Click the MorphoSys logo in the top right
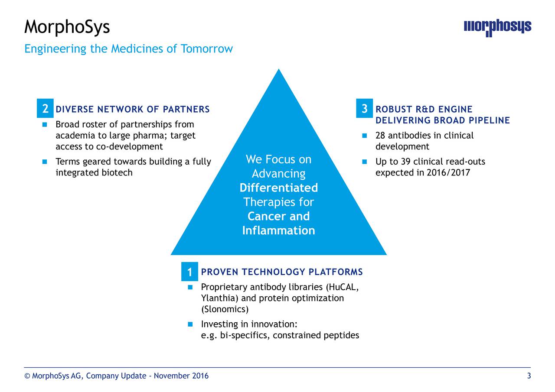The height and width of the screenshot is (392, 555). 497,28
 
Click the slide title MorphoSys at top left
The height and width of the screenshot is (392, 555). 67,27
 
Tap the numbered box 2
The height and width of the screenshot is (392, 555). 45,109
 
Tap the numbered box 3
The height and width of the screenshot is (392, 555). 365,109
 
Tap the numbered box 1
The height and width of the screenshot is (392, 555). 189,272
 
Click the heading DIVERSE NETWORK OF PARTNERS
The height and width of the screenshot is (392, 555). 133,109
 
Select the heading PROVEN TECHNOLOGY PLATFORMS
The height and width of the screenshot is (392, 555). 282,272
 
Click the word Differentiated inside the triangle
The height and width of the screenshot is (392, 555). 278,188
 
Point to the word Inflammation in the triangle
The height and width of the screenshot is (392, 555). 278,230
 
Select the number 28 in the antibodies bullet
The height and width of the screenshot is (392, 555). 380,136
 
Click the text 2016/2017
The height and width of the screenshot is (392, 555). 448,173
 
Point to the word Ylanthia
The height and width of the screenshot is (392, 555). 219,298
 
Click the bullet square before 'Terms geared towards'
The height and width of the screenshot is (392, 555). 45,162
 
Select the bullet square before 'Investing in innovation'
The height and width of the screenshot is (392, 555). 190,324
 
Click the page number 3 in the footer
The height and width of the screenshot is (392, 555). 529,376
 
